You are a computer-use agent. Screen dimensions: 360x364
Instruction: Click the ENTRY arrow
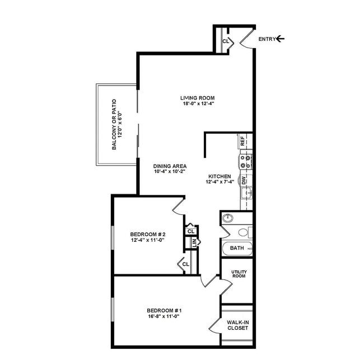281,39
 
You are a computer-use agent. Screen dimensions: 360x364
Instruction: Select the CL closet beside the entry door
226,41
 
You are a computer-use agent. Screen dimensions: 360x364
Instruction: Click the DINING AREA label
170,166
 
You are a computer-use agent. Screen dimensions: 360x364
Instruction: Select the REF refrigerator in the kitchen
243,141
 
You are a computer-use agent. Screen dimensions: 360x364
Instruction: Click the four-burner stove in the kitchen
245,162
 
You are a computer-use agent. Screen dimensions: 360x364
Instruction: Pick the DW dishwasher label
244,180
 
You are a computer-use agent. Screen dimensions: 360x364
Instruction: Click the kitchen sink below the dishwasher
246,194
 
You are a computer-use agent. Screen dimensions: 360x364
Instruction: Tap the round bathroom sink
227,218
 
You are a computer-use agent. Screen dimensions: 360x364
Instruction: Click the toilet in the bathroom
244,232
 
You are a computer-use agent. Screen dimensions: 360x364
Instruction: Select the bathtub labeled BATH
236,247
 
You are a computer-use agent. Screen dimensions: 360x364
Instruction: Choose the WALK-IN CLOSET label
238,325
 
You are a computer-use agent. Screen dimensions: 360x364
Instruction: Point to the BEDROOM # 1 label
164,311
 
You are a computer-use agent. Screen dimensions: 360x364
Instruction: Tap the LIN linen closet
194,242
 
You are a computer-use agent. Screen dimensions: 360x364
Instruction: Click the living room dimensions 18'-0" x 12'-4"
198,104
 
